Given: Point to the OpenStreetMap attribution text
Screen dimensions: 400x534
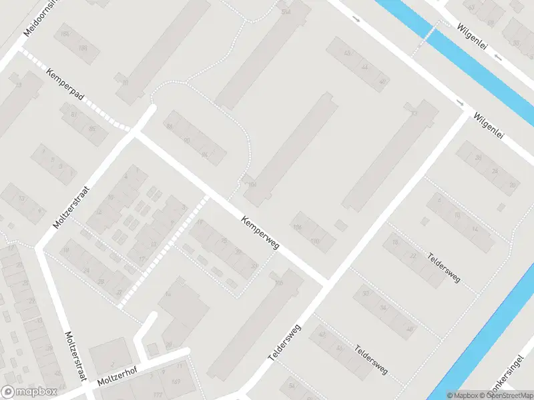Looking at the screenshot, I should pyautogui.click(x=507, y=395).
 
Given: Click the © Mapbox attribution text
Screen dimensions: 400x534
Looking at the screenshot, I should pyautogui.click(x=464, y=395).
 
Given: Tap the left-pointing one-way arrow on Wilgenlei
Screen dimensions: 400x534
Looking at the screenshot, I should pyautogui.click(x=498, y=57).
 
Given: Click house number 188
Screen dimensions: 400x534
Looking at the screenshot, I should pyautogui.click(x=83, y=48).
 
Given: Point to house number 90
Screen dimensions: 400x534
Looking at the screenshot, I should pyautogui.click(x=188, y=140).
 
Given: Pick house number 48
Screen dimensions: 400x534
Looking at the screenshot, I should pyautogui.click(x=409, y=329).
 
